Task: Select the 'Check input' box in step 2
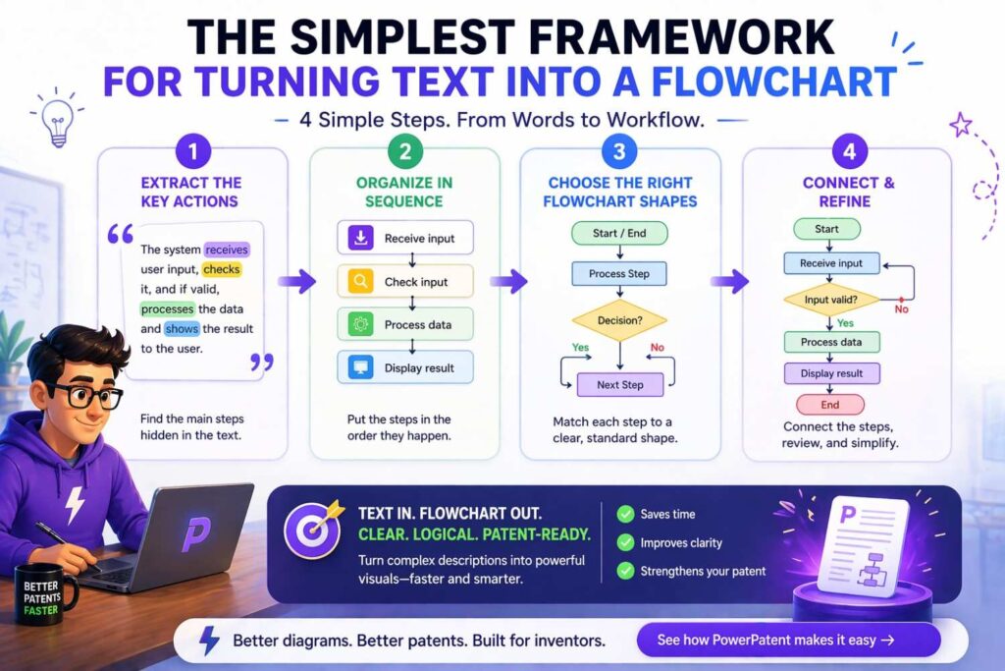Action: (x=404, y=282)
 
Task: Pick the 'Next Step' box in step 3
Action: (x=620, y=385)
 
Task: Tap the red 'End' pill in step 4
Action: (x=830, y=405)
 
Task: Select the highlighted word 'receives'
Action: (x=227, y=250)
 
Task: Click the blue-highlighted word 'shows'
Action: (x=182, y=329)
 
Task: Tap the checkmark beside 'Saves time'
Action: (x=623, y=514)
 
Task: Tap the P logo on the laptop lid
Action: (x=196, y=534)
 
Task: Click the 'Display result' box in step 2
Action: (x=404, y=368)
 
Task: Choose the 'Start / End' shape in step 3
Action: (x=619, y=233)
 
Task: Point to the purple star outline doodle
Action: (x=960, y=124)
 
